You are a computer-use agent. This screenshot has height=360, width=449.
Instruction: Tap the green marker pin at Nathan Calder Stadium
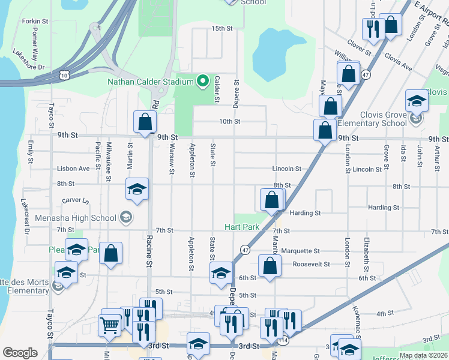tap(203, 80)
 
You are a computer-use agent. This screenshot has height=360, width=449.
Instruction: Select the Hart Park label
tap(241, 227)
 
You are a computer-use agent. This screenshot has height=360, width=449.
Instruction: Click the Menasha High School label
tap(76, 217)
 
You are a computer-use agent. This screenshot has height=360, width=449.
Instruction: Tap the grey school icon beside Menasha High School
tap(126, 217)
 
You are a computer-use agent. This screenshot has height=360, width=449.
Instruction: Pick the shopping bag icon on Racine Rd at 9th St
tap(145, 122)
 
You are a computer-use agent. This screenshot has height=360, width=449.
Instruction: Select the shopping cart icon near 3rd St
tap(110, 325)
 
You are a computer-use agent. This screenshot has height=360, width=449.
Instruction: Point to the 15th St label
tap(221, 28)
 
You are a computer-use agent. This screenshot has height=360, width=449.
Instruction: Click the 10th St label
tap(229, 121)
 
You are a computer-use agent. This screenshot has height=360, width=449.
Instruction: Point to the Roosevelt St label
tap(311, 264)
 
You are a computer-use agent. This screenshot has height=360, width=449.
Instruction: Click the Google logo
tap(20, 353)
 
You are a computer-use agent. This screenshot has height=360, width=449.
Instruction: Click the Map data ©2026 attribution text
tap(423, 355)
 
